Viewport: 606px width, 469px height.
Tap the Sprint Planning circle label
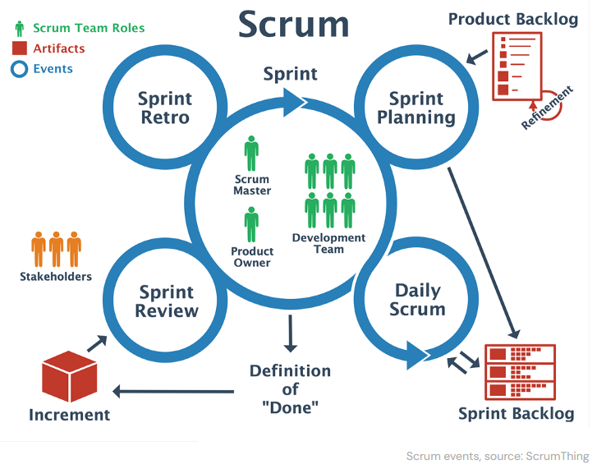pos(415,108)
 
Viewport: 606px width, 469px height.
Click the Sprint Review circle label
pos(167,301)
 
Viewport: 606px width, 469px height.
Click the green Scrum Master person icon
pos(251,154)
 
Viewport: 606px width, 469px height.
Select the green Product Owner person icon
pos(251,224)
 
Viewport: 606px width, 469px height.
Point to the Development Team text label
pos(328,243)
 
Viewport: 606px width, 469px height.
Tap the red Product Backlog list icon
pos(516,65)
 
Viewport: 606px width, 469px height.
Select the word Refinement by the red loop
pos(547,108)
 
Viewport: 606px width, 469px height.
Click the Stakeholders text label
pos(56,277)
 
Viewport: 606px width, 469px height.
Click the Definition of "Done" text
pos(290,389)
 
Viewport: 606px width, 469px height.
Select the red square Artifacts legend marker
pos(20,48)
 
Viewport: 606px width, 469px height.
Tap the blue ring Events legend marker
pos(20,69)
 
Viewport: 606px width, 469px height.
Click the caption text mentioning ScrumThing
pos(498,456)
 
